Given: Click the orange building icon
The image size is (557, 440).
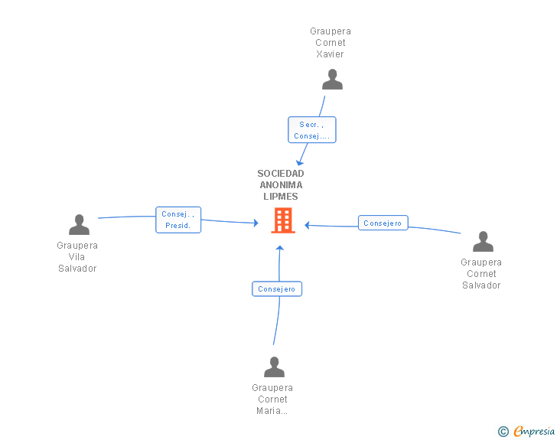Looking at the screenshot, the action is point(283,220).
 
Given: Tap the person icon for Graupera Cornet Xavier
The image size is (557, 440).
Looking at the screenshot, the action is point(332,80).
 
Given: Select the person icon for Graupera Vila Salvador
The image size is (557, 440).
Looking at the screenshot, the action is point(79,224).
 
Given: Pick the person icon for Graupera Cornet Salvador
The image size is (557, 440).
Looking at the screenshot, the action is point(483,241).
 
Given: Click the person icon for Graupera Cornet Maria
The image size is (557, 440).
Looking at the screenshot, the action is point(274,367).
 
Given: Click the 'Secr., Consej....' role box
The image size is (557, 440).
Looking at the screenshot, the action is point(312,130).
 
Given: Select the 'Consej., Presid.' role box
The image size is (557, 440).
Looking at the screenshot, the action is point(178,220).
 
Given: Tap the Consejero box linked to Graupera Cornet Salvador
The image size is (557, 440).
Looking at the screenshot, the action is point(383,223).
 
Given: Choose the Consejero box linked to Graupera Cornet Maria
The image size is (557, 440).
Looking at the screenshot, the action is point(277,289).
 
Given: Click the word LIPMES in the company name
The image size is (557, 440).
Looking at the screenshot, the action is point(281,196).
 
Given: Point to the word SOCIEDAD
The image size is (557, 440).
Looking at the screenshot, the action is point(281,174).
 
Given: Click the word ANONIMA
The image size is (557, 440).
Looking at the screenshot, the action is point(281,185).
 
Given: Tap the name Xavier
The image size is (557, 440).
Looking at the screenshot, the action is point(330,54).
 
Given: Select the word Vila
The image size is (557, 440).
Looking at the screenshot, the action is point(77,256).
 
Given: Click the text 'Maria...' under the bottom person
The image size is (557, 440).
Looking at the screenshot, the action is point(272,410).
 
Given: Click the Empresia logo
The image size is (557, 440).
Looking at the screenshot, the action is point(534,431).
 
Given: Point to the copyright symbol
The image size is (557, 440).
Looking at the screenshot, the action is point(503,432).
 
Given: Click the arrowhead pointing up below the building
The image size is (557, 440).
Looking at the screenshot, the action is point(280,248).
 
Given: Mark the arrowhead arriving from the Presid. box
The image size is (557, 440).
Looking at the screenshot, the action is point(256,223).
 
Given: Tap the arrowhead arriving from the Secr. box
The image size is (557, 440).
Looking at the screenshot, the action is point(300,163).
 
